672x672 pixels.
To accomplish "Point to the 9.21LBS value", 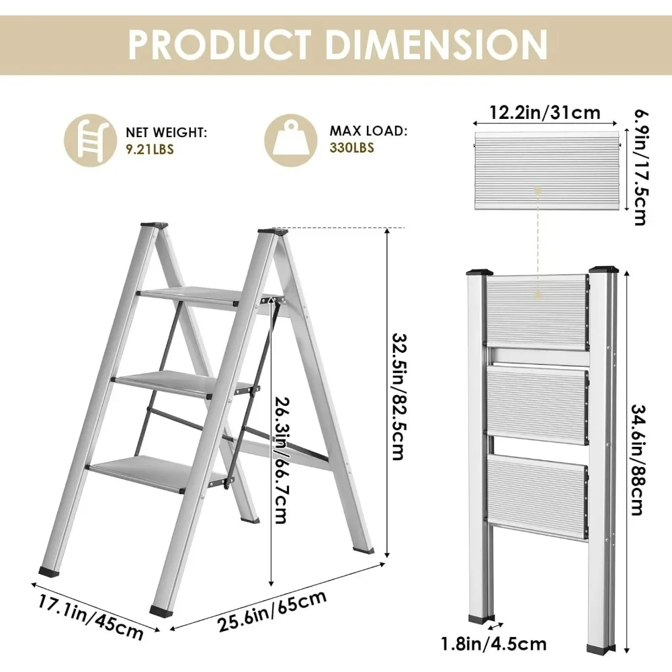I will (x=149, y=149).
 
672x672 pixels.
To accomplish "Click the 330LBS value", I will (x=352, y=148).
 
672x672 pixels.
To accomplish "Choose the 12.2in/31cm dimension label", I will (x=544, y=112).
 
